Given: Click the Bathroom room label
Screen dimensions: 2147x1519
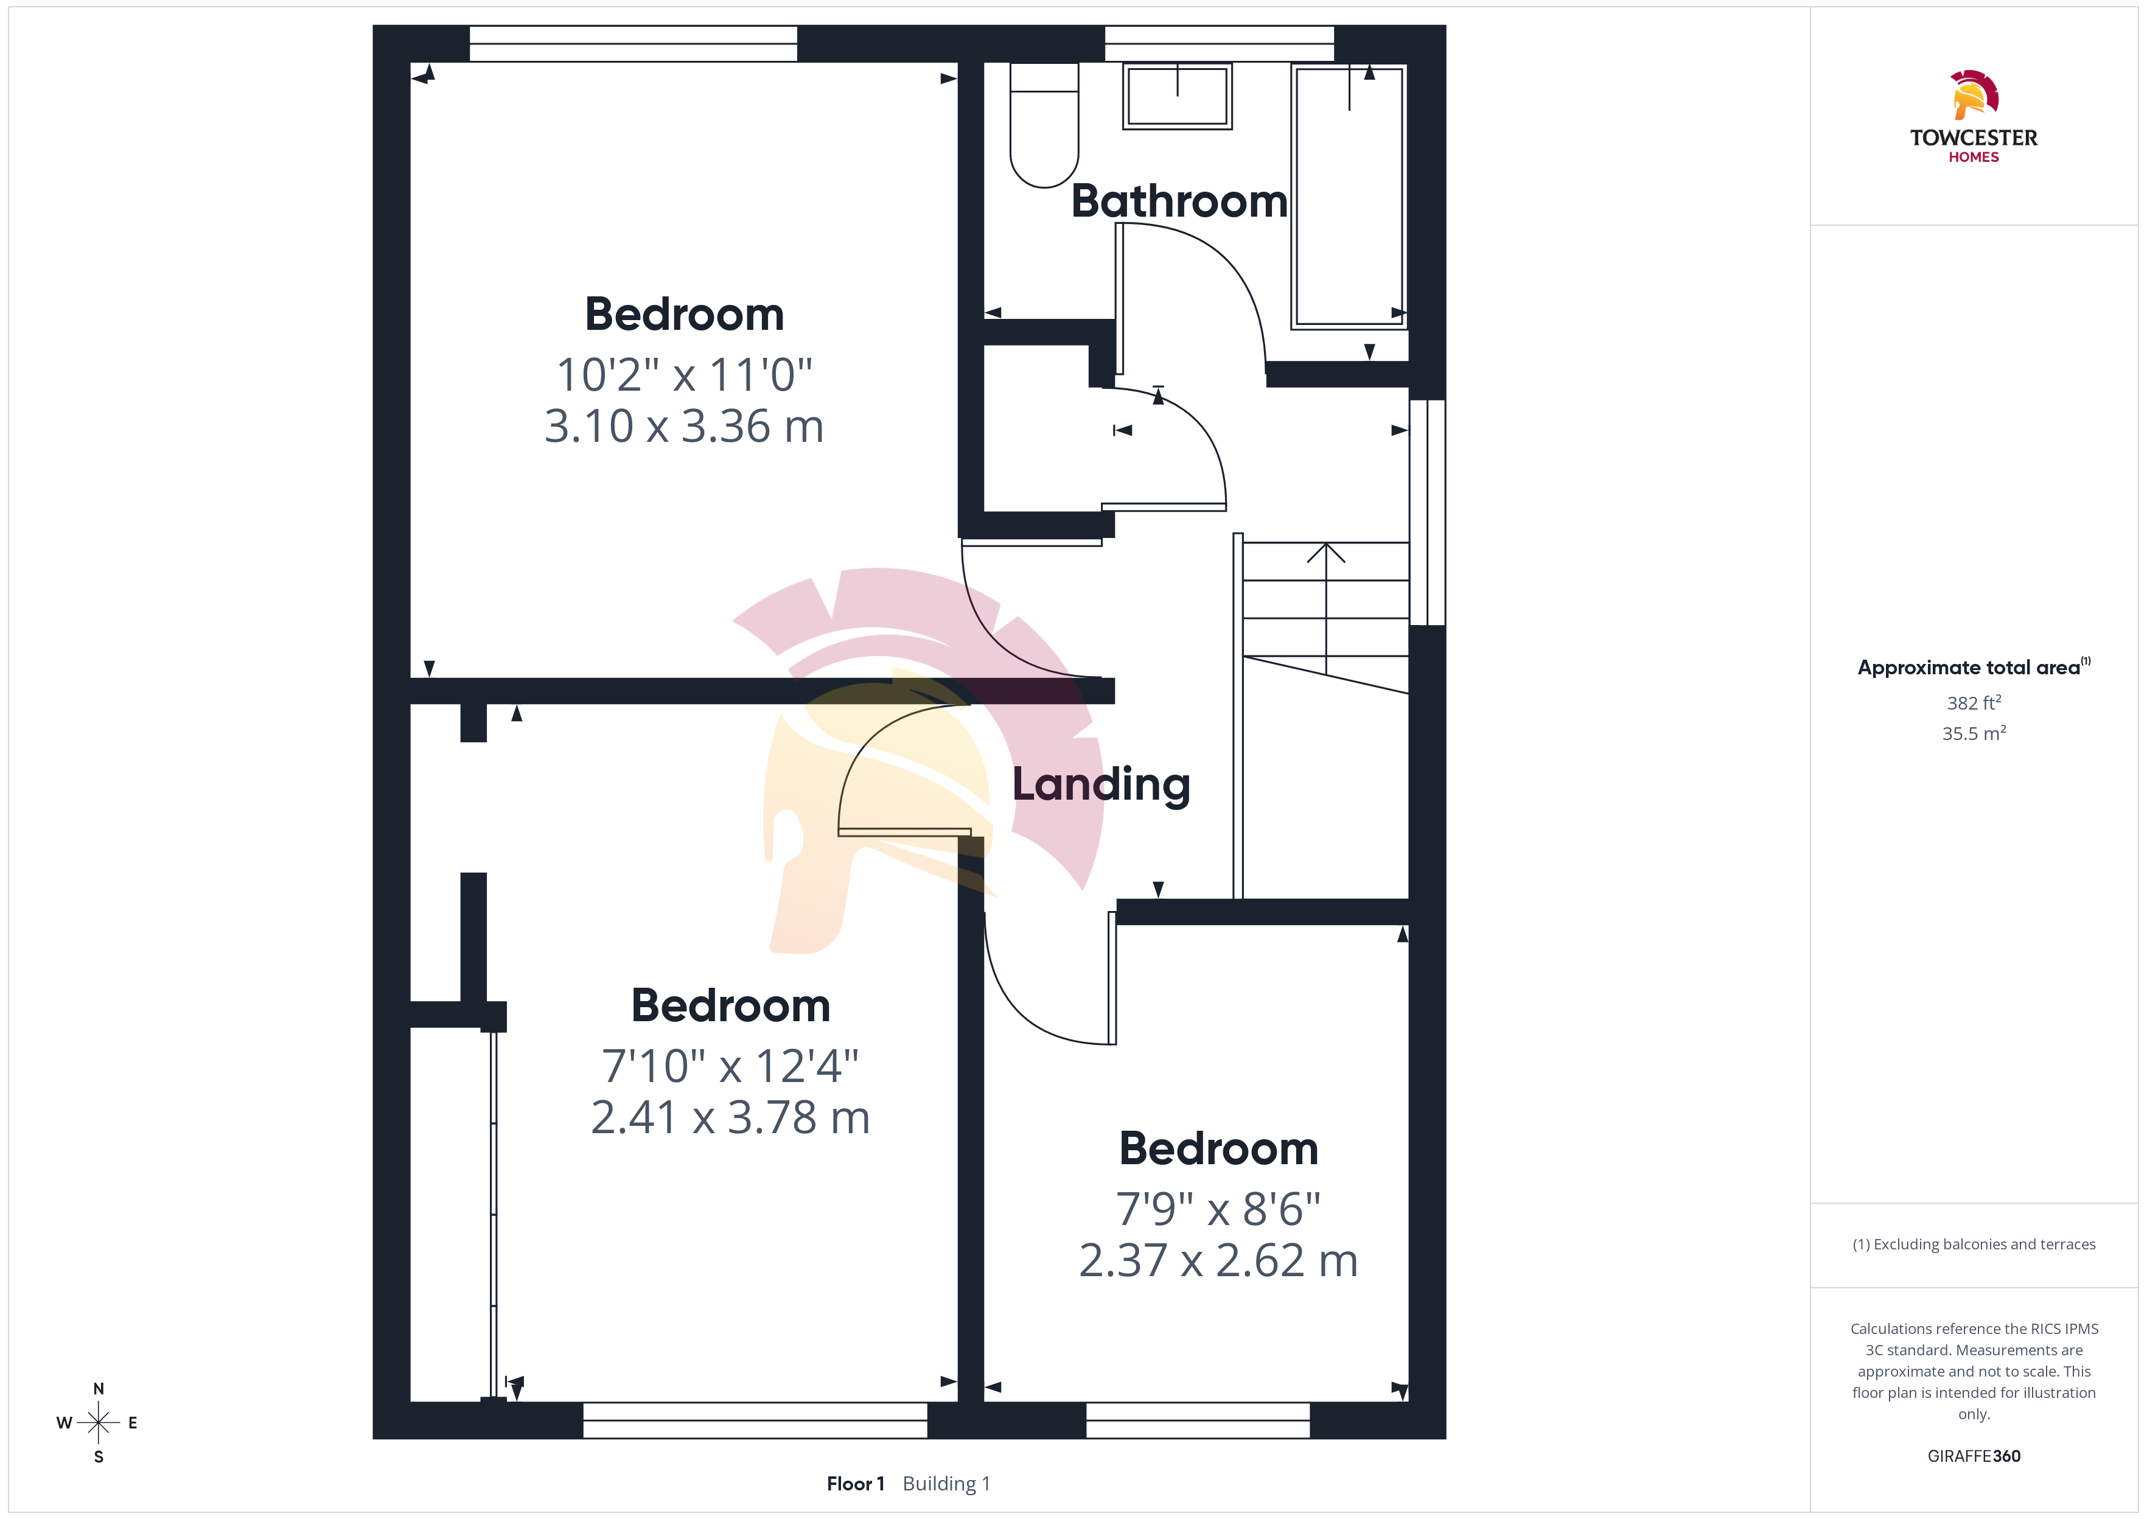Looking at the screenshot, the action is pos(1179,201).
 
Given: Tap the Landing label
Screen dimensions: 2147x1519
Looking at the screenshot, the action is pos(1101,784).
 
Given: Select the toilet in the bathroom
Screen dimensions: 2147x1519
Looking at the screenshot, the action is pos(1044,125).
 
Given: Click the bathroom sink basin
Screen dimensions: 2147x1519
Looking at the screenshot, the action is pos(1178,96).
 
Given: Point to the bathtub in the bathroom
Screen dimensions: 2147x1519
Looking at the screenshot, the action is pos(1349,197).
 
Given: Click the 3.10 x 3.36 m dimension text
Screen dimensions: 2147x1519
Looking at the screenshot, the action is pos(683,427).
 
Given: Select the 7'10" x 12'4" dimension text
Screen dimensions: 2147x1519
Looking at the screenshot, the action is pos(730,1066).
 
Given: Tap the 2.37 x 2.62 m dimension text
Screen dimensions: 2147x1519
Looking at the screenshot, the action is pos(1218,1261).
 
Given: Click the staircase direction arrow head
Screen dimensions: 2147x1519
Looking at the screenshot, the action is pos(1326,553).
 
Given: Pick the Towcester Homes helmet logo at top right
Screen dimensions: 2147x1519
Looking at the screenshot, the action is pos(1974,94).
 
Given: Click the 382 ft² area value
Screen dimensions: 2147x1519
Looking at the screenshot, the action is pos(1974,702).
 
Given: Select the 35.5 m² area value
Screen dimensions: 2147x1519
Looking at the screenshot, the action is pos(1974,733).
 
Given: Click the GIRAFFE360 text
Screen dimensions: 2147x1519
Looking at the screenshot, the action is pos(1974,1456).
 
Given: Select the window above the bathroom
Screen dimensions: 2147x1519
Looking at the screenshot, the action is pos(1220,44).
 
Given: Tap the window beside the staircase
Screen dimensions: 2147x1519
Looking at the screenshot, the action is pos(1428,512).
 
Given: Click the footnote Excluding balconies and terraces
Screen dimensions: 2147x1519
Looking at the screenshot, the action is pos(1974,1244).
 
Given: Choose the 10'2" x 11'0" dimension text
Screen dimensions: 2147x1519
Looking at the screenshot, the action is pos(683,374).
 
